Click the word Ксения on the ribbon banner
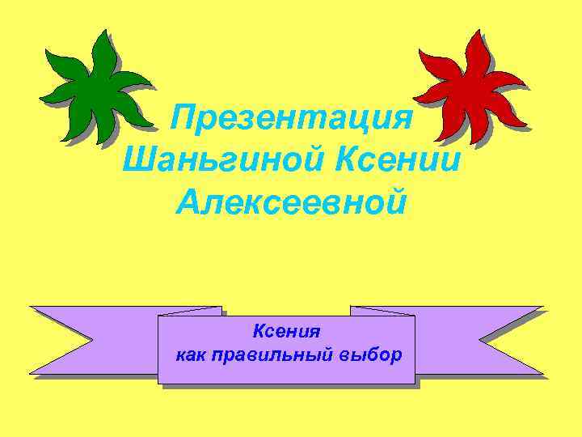pyautogui.click(x=286, y=332)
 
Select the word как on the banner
pyautogui.click(x=191, y=355)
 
